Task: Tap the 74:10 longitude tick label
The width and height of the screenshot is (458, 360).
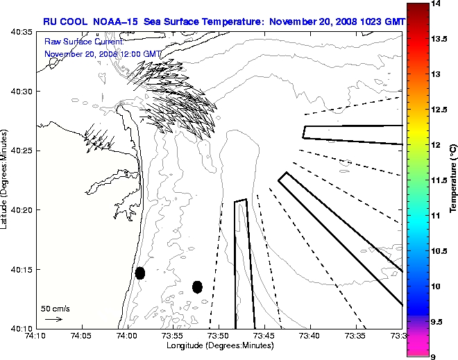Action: click(x=36, y=336)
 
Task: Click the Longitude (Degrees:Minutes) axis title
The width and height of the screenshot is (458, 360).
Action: click(x=219, y=345)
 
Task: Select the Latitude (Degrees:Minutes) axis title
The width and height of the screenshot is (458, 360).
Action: click(x=6, y=180)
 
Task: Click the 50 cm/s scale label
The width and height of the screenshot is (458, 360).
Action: click(x=56, y=308)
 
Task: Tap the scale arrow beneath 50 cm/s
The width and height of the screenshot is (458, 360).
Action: click(x=53, y=319)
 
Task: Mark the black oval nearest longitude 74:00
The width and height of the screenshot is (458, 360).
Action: click(x=140, y=273)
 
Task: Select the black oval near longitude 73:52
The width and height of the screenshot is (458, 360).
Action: click(x=197, y=286)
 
